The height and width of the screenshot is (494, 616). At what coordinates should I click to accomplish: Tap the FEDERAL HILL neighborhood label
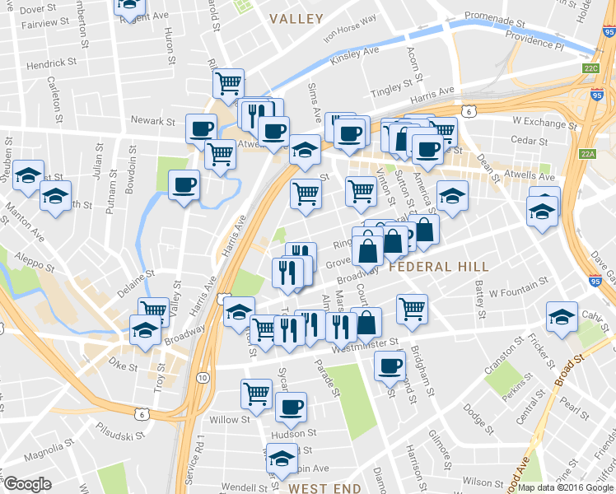coord(438,267)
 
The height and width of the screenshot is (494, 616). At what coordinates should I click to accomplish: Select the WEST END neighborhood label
coord(324,488)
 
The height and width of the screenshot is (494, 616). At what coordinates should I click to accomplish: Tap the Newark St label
coord(154,121)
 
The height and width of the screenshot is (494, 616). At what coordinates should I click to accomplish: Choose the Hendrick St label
coord(51,62)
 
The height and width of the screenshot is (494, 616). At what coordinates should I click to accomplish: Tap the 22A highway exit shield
coord(587,153)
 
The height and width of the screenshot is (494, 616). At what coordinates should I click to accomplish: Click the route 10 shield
coord(203,376)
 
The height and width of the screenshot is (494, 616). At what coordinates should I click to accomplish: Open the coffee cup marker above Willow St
coord(290,404)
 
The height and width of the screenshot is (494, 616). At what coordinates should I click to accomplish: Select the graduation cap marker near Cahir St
coord(562,315)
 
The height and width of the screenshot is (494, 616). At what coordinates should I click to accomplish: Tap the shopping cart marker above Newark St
coord(227,81)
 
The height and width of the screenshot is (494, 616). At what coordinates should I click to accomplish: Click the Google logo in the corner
coord(28,484)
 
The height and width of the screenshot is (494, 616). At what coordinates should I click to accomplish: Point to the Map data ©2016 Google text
coord(566,487)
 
